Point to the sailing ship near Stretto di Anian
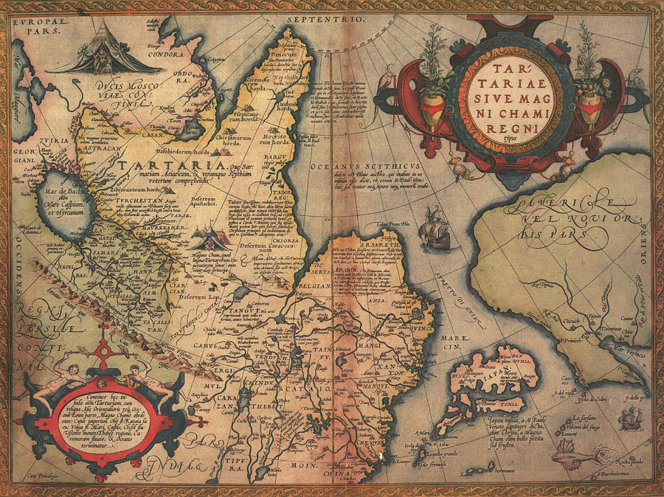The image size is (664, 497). coord(434,232)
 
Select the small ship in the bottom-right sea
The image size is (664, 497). coord(631,417)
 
